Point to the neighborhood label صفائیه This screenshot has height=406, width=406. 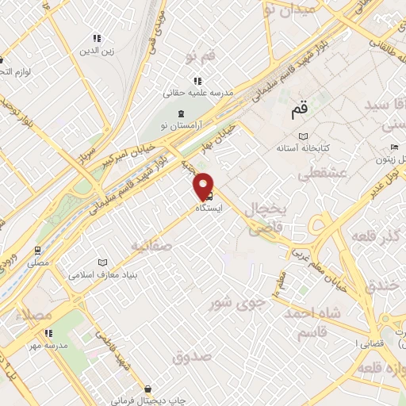click(152, 246)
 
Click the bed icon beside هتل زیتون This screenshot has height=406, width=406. click(395, 147)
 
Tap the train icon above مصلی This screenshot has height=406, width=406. click(38, 248)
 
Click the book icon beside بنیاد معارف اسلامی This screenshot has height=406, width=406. click(101, 262)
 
